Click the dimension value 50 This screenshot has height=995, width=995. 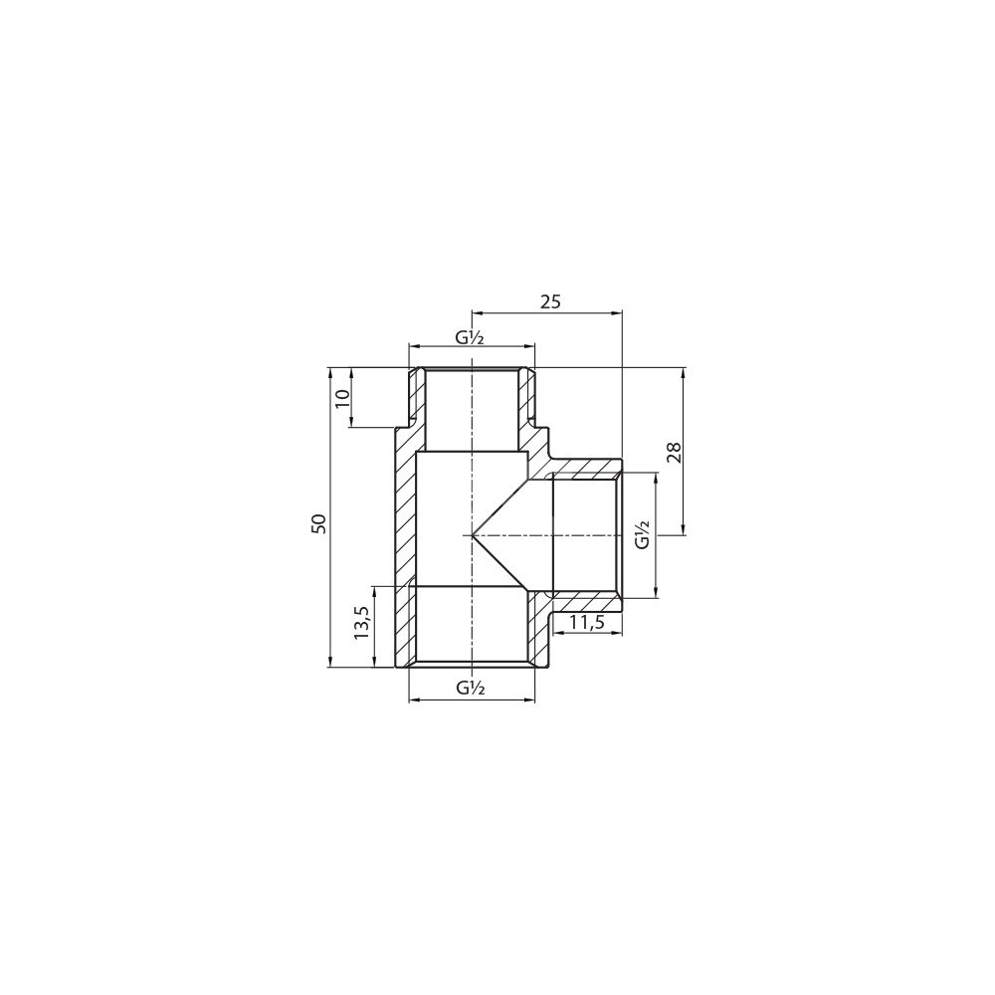click(x=321, y=522)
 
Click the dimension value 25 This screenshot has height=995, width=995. click(x=550, y=301)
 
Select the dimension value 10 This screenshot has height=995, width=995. click(x=342, y=399)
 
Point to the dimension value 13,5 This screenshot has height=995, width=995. click(x=362, y=623)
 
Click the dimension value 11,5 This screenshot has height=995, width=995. click(x=586, y=623)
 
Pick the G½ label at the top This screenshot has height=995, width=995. click(x=471, y=337)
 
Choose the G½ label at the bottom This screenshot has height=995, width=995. click(x=471, y=688)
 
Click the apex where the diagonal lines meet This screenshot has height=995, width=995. click(x=472, y=535)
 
